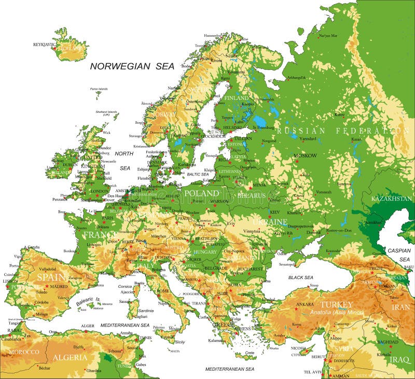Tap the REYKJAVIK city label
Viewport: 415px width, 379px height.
44,45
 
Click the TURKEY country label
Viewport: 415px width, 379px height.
336,304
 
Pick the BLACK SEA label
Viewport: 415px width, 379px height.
300,278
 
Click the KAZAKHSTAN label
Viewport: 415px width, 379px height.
392,198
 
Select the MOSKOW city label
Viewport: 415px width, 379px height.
305,155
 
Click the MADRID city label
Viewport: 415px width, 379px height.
59,286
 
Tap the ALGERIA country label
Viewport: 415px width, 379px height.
70,357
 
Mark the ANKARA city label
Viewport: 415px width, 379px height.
304,304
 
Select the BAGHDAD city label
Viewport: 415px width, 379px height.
387,343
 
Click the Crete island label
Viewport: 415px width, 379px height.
250,352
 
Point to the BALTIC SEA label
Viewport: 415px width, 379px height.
198,174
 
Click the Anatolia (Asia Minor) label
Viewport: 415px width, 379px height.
336,313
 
